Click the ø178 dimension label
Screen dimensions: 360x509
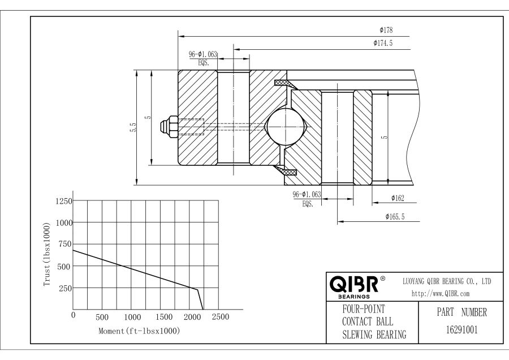point(387,30)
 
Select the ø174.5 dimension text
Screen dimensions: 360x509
point(383,43)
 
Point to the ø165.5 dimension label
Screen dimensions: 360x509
point(395,216)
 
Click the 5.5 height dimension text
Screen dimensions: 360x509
point(132,128)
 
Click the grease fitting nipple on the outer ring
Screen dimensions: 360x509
point(169,126)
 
